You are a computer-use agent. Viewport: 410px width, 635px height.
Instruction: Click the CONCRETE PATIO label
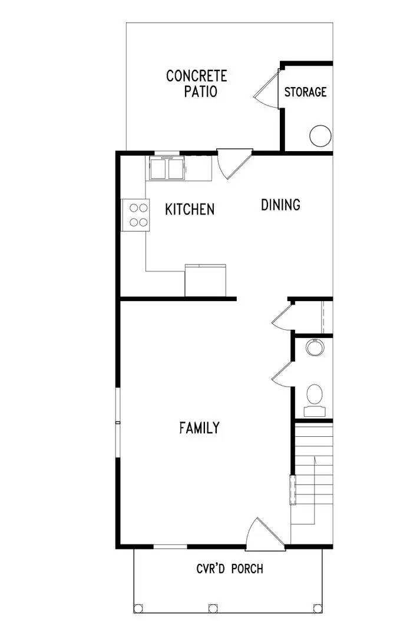[196, 83]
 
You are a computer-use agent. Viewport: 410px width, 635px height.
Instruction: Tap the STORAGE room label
[305, 92]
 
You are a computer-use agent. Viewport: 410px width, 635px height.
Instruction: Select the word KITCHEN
[189, 209]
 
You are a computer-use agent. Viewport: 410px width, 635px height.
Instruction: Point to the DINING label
[280, 205]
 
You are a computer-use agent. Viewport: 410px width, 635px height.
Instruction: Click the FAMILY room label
[199, 427]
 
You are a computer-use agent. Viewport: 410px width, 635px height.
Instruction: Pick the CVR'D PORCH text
[230, 569]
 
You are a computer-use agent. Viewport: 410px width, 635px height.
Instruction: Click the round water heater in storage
[320, 136]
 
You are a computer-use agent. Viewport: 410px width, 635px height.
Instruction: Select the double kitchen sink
[167, 169]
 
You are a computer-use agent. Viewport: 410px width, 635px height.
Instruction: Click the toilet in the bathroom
[315, 395]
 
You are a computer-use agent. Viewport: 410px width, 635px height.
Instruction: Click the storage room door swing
[267, 88]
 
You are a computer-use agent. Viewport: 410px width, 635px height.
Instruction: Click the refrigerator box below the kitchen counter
[206, 280]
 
